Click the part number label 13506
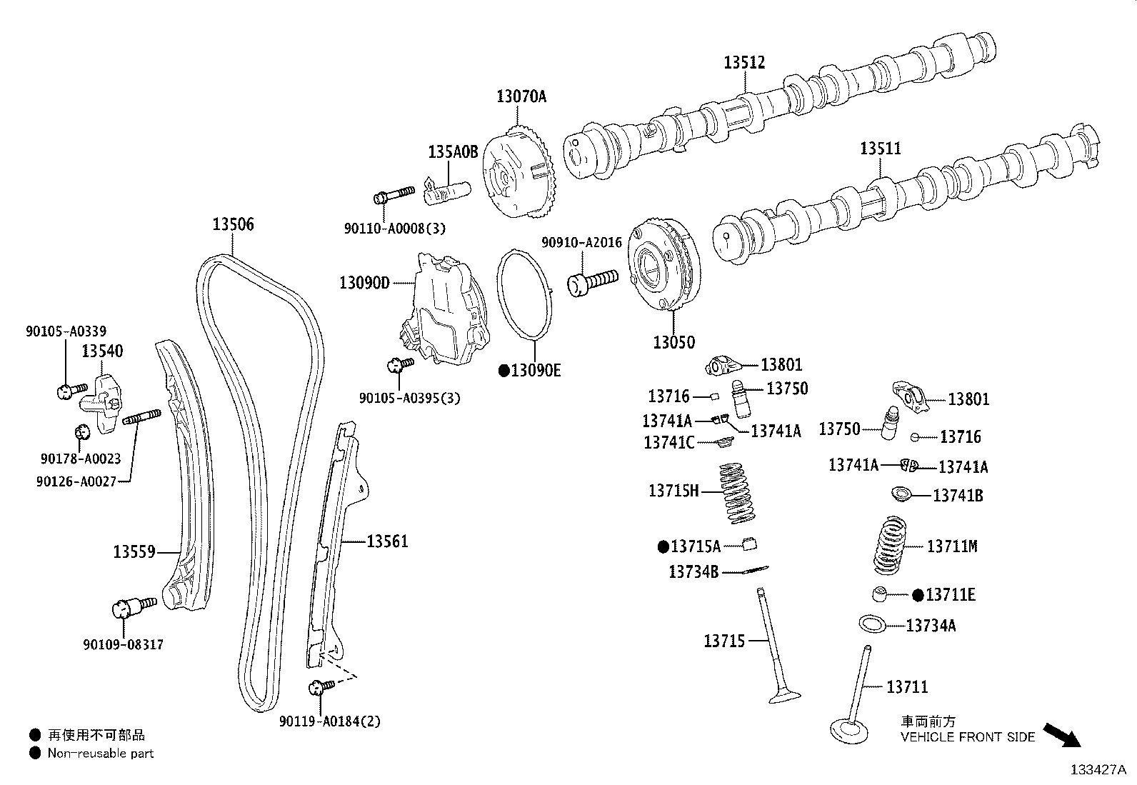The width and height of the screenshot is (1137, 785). pyautogui.click(x=233, y=224)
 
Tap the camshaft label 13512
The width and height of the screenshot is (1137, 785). pyautogui.click(x=744, y=62)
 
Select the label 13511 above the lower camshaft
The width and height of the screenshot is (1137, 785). pyautogui.click(x=880, y=149)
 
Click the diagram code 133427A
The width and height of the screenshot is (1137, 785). pyautogui.click(x=1097, y=770)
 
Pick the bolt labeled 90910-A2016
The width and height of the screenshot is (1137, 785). pyautogui.click(x=592, y=281)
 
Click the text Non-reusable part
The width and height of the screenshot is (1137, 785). pyautogui.click(x=101, y=753)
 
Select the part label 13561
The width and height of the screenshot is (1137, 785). pyautogui.click(x=387, y=541)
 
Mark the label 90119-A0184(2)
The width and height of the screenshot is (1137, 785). pyautogui.click(x=330, y=721)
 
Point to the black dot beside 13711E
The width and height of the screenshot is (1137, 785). pyautogui.click(x=918, y=595)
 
